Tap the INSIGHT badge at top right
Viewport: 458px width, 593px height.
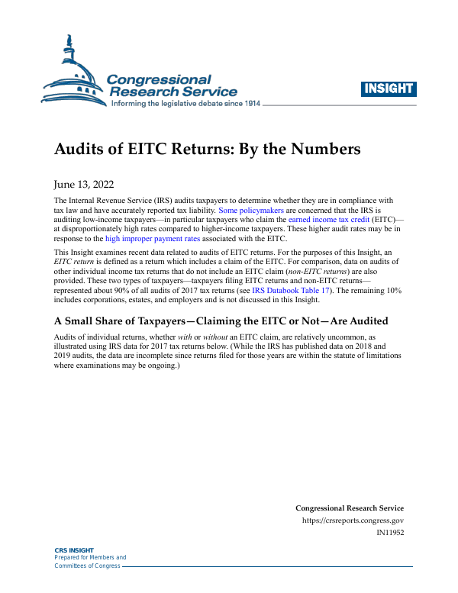pyautogui.click(x=389, y=88)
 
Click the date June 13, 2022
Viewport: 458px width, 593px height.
pyautogui.click(x=85, y=184)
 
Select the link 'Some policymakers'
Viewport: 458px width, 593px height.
pyautogui.click(x=251, y=208)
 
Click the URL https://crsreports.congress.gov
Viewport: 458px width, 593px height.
pyautogui.click(x=353, y=520)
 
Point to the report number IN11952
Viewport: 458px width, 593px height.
pyautogui.click(x=390, y=532)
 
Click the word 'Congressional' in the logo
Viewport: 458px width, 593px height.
pyautogui.click(x=159, y=79)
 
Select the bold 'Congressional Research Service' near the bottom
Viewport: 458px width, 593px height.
pyautogui.click(x=350, y=508)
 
